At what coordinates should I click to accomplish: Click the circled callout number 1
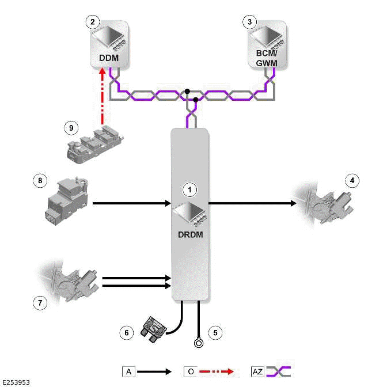pos(190,188)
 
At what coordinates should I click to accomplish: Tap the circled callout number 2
pos(93,22)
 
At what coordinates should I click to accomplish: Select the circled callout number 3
pos(249,22)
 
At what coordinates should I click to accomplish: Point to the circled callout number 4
pos(353,181)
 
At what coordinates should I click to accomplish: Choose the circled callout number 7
pos(39,302)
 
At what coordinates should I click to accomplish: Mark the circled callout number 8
pos(39,181)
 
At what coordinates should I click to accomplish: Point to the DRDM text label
pos(189,235)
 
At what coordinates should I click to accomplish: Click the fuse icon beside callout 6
pos(154,328)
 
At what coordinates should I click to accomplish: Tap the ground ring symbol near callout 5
pos(199,344)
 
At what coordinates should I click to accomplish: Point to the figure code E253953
pos(16,382)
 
